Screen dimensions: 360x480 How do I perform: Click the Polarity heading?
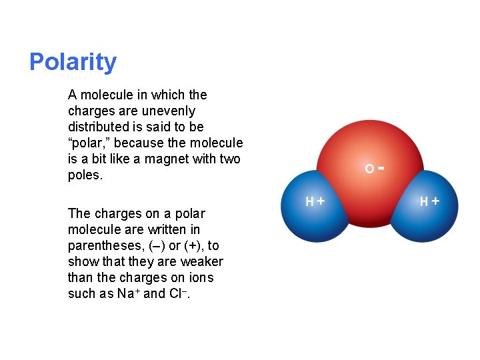73,62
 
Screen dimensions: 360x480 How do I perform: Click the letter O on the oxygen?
369,169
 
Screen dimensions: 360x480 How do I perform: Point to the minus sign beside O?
380,168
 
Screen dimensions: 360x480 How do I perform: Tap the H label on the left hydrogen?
309,201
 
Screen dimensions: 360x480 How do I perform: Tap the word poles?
85,175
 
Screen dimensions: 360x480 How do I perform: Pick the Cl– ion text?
177,293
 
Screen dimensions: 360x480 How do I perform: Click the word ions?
201,277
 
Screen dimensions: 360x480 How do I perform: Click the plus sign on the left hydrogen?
321,201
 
